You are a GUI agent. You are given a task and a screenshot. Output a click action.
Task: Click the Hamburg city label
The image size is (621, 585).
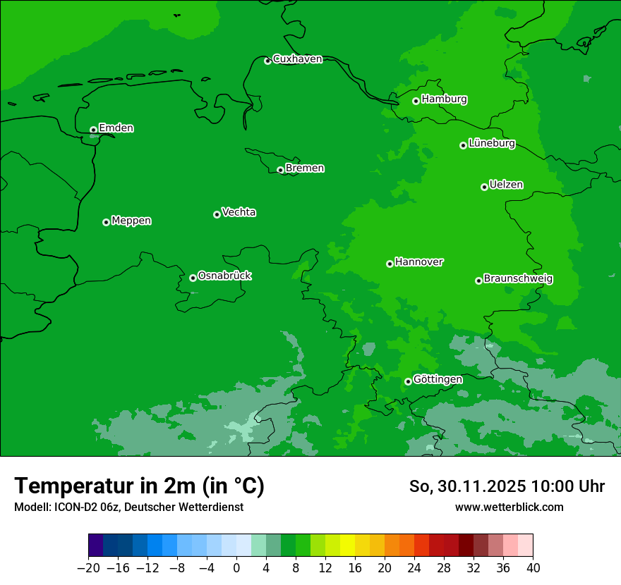(444, 99)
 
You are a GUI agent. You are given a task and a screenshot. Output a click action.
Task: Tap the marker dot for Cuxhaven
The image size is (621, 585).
(267, 61)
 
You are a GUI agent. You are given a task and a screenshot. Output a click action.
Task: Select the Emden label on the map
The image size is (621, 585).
(116, 128)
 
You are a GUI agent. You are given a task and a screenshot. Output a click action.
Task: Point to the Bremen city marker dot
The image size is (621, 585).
(280, 170)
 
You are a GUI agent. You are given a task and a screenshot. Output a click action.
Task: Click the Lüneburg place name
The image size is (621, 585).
(491, 144)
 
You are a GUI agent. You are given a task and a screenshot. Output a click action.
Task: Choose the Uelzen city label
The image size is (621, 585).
(506, 185)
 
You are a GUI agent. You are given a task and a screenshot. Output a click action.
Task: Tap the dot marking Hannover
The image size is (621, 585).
(390, 264)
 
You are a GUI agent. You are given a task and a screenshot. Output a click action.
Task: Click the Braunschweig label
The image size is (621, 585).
(518, 279)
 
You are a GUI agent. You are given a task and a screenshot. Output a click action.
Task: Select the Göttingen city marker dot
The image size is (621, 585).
(408, 381)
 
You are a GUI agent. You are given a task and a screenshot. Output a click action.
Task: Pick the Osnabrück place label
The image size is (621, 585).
(224, 276)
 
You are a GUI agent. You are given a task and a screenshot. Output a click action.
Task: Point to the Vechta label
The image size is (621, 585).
(239, 213)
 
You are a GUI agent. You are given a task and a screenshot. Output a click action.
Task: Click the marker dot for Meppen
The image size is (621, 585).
(106, 222)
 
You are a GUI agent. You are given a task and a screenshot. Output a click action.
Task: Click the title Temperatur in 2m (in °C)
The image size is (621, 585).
(139, 486)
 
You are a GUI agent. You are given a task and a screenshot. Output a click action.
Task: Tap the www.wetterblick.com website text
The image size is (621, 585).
(509, 507)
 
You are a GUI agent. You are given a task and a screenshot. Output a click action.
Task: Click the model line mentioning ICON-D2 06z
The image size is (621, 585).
(128, 507)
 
